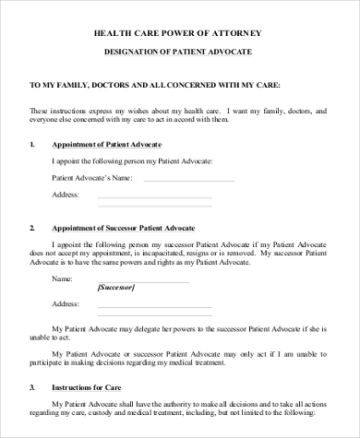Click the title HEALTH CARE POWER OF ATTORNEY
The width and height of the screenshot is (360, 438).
tap(179, 30)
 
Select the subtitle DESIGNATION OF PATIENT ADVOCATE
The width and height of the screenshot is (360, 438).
tap(179, 53)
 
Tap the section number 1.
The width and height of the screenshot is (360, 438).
tap(32, 145)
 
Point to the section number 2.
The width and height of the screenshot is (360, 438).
tap(32, 226)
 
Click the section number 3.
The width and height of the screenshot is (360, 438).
tap(32, 386)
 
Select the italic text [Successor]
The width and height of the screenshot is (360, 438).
tap(115, 287)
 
